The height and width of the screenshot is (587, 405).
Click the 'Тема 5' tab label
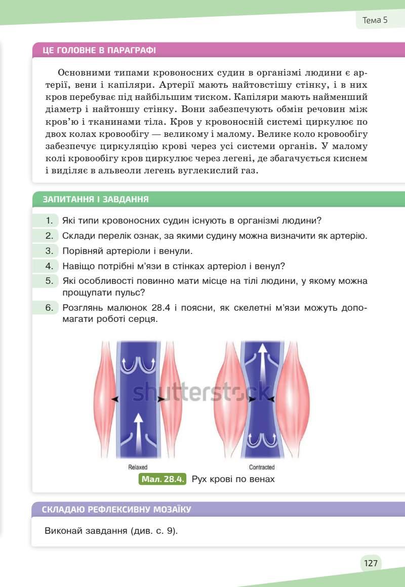[x=375, y=20]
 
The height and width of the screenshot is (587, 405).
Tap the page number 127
[x=371, y=563]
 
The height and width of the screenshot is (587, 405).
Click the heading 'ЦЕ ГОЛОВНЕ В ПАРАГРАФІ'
[x=99, y=50]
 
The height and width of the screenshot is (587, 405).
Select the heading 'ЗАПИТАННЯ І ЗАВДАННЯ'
[x=96, y=199]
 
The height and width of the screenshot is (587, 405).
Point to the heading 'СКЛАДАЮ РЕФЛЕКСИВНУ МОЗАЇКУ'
[x=117, y=509]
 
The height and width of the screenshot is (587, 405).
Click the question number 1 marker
[x=49, y=221]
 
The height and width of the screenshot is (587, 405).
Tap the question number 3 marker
[x=49, y=250]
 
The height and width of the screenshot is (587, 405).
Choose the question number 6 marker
[x=49, y=307]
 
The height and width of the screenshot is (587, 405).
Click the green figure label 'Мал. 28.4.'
[x=163, y=479]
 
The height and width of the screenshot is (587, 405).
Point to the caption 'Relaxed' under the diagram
[x=138, y=467]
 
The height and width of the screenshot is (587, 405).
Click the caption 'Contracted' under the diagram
[x=262, y=467]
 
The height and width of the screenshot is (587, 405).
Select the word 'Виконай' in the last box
[x=63, y=531]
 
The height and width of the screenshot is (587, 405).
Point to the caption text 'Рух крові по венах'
[x=233, y=479]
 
